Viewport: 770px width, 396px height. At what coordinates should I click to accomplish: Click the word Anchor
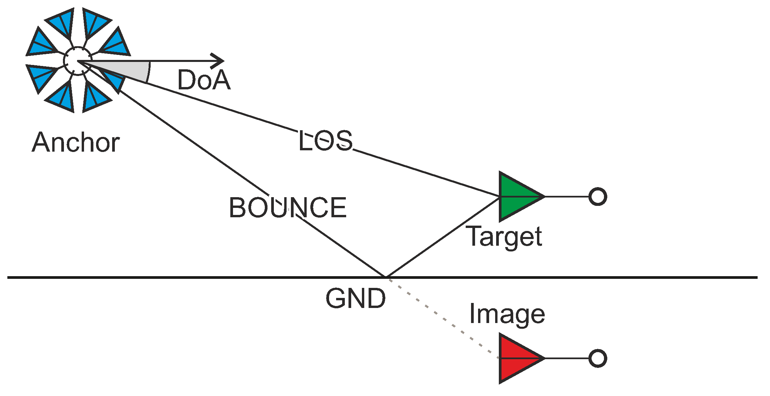[x=76, y=142]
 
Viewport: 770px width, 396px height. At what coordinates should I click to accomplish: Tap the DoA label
[x=204, y=80]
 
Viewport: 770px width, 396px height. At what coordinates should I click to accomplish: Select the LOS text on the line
[x=325, y=141]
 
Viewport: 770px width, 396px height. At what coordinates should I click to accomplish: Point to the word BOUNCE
[x=288, y=208]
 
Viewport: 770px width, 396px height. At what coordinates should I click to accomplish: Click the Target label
[x=505, y=236]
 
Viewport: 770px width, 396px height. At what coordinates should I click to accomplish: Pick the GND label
[x=356, y=298]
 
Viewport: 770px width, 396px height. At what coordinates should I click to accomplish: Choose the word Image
[x=507, y=314]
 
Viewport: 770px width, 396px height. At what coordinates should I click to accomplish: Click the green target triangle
[x=516, y=196]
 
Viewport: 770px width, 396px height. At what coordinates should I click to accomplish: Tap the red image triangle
[x=516, y=358]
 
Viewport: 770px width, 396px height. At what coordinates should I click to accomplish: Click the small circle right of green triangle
[x=598, y=196]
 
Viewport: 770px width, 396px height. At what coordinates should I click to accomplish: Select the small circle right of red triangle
[x=598, y=358]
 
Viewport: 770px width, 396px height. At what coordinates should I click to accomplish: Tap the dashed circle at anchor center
[x=78, y=61]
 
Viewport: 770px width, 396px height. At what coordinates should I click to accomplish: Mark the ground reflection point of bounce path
[x=386, y=277]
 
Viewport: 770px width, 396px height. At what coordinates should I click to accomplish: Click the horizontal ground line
[x=167, y=277]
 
